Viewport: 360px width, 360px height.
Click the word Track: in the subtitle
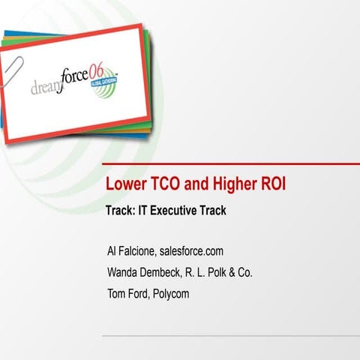point(121,211)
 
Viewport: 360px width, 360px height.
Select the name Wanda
point(123,272)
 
